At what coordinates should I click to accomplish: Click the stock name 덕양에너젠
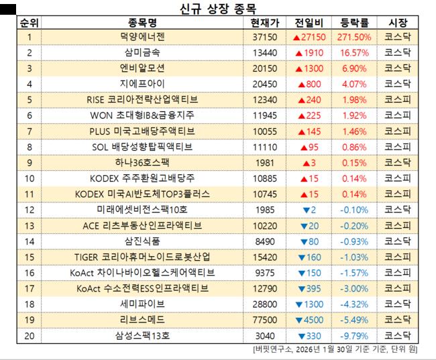[x=142, y=37]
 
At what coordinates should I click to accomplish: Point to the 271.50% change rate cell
[x=353, y=37]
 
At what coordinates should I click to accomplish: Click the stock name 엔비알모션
[x=142, y=68]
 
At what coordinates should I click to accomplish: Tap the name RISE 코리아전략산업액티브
[x=142, y=99]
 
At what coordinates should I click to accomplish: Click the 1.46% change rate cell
[x=353, y=131]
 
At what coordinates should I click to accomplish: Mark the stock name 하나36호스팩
[x=142, y=162]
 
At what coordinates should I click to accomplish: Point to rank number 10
[x=29, y=178]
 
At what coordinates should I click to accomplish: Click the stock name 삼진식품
[x=142, y=240]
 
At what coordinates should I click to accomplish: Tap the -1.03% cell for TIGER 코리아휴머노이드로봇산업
[x=353, y=256]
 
